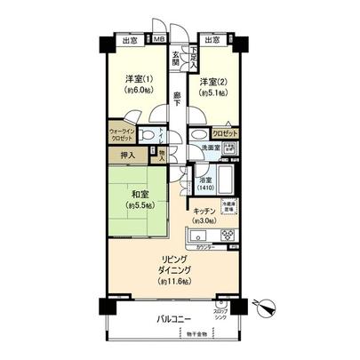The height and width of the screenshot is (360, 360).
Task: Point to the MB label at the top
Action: tap(159, 40)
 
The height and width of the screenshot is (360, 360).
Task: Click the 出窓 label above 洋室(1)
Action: tap(130, 40)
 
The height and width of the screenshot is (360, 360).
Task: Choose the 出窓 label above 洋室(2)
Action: tap(213, 40)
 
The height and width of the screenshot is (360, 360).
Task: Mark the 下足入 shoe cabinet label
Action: tap(195, 58)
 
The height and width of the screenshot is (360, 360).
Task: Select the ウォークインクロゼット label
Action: tap(122, 136)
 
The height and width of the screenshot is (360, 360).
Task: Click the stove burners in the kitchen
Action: tap(228, 236)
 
